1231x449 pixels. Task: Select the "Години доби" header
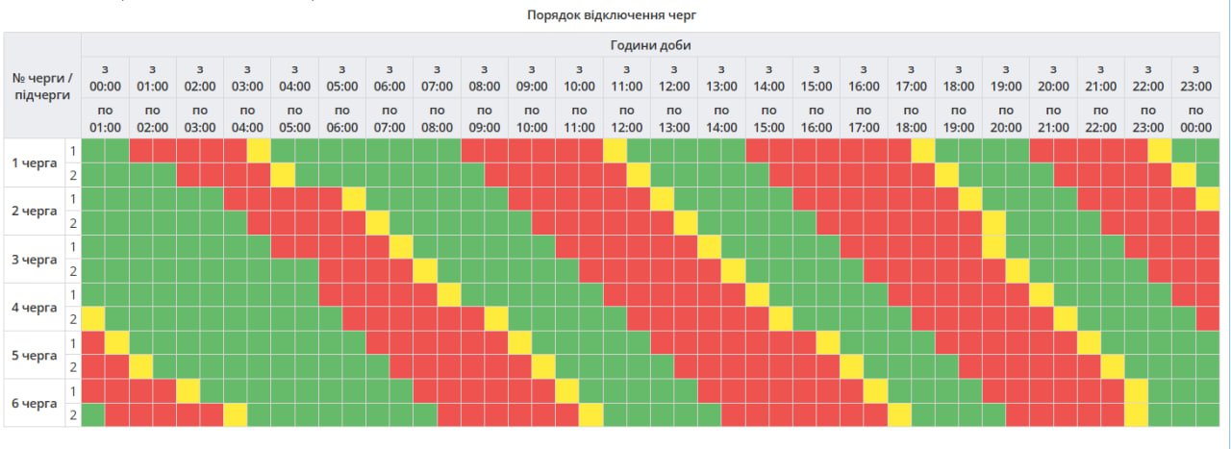(x=650, y=45)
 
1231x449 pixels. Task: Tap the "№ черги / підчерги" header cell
(x=42, y=85)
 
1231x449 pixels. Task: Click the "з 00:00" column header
(x=105, y=78)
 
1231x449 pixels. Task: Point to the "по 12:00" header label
(x=626, y=118)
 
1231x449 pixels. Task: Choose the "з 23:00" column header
(x=1195, y=78)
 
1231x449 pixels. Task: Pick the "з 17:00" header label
(x=911, y=78)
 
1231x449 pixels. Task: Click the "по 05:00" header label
(x=294, y=118)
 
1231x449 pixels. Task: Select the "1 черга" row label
(x=34, y=162)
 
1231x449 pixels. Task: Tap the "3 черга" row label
(x=34, y=259)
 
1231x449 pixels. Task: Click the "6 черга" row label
(x=34, y=403)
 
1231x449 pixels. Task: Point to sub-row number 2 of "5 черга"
(x=72, y=366)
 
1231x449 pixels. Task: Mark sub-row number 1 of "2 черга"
(x=72, y=198)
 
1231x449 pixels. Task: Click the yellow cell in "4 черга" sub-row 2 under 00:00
(x=93, y=318)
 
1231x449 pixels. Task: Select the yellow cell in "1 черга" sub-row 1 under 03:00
(x=259, y=151)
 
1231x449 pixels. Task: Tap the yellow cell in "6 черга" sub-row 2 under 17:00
(x=899, y=414)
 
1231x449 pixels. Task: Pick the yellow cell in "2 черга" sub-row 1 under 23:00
(x=1207, y=198)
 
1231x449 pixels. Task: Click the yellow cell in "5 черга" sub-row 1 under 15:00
(x=828, y=342)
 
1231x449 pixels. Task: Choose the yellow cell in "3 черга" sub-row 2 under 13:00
(x=733, y=270)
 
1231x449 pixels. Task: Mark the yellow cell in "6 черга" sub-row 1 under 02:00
(x=188, y=390)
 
